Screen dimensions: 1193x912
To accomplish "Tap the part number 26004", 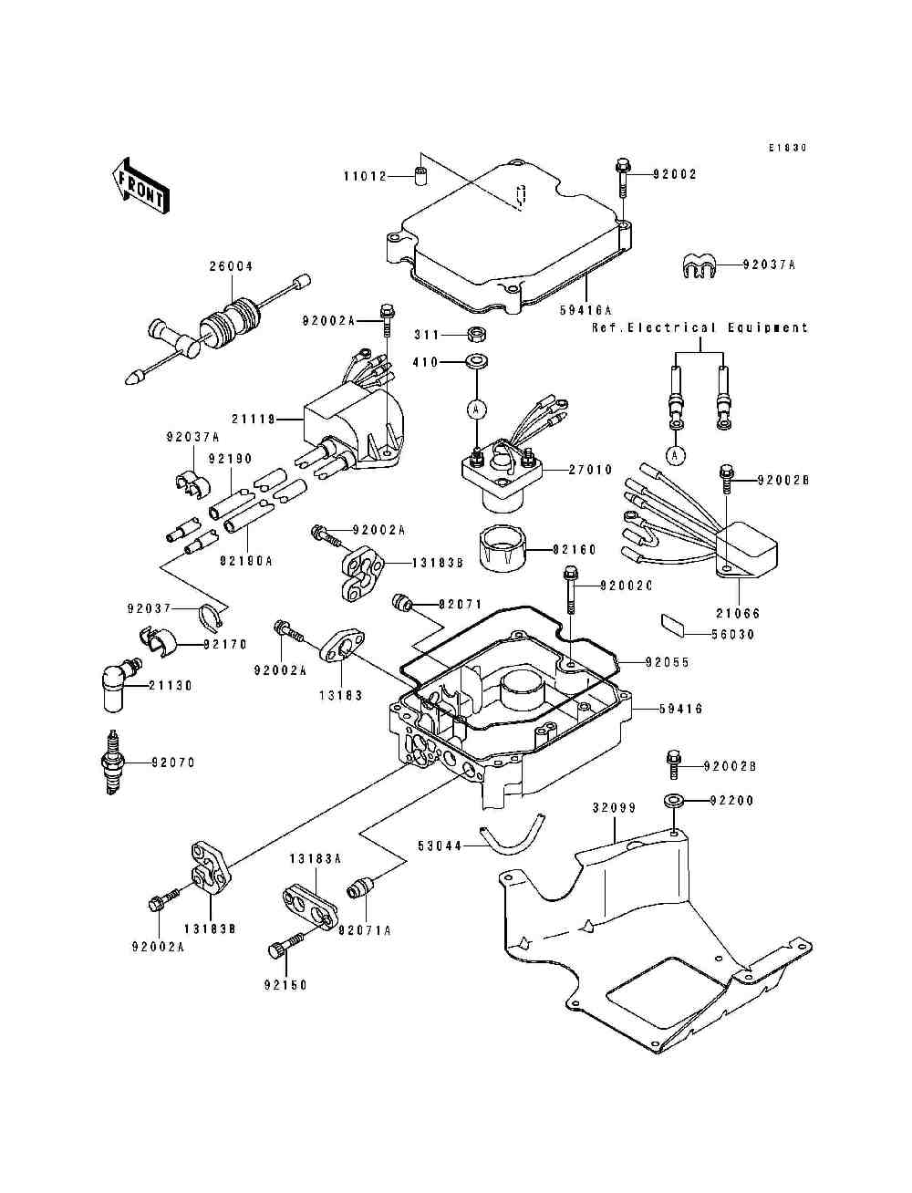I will (x=231, y=266).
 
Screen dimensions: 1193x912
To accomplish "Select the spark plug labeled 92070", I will (x=113, y=762).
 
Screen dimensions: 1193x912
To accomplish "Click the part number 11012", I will (x=365, y=175).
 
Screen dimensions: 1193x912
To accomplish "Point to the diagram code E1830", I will (x=787, y=147).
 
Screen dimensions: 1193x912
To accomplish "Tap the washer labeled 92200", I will (x=674, y=801).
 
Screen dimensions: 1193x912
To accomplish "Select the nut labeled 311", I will (x=475, y=334).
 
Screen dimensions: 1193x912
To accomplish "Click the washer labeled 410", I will (x=475, y=362).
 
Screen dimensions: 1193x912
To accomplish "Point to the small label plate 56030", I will (x=674, y=626).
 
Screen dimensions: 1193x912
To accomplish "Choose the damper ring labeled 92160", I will (x=503, y=549).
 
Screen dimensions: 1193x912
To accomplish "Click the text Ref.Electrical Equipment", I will (x=700, y=327).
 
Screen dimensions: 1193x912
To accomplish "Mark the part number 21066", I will (x=739, y=614).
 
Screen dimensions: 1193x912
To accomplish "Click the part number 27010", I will (x=591, y=471).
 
